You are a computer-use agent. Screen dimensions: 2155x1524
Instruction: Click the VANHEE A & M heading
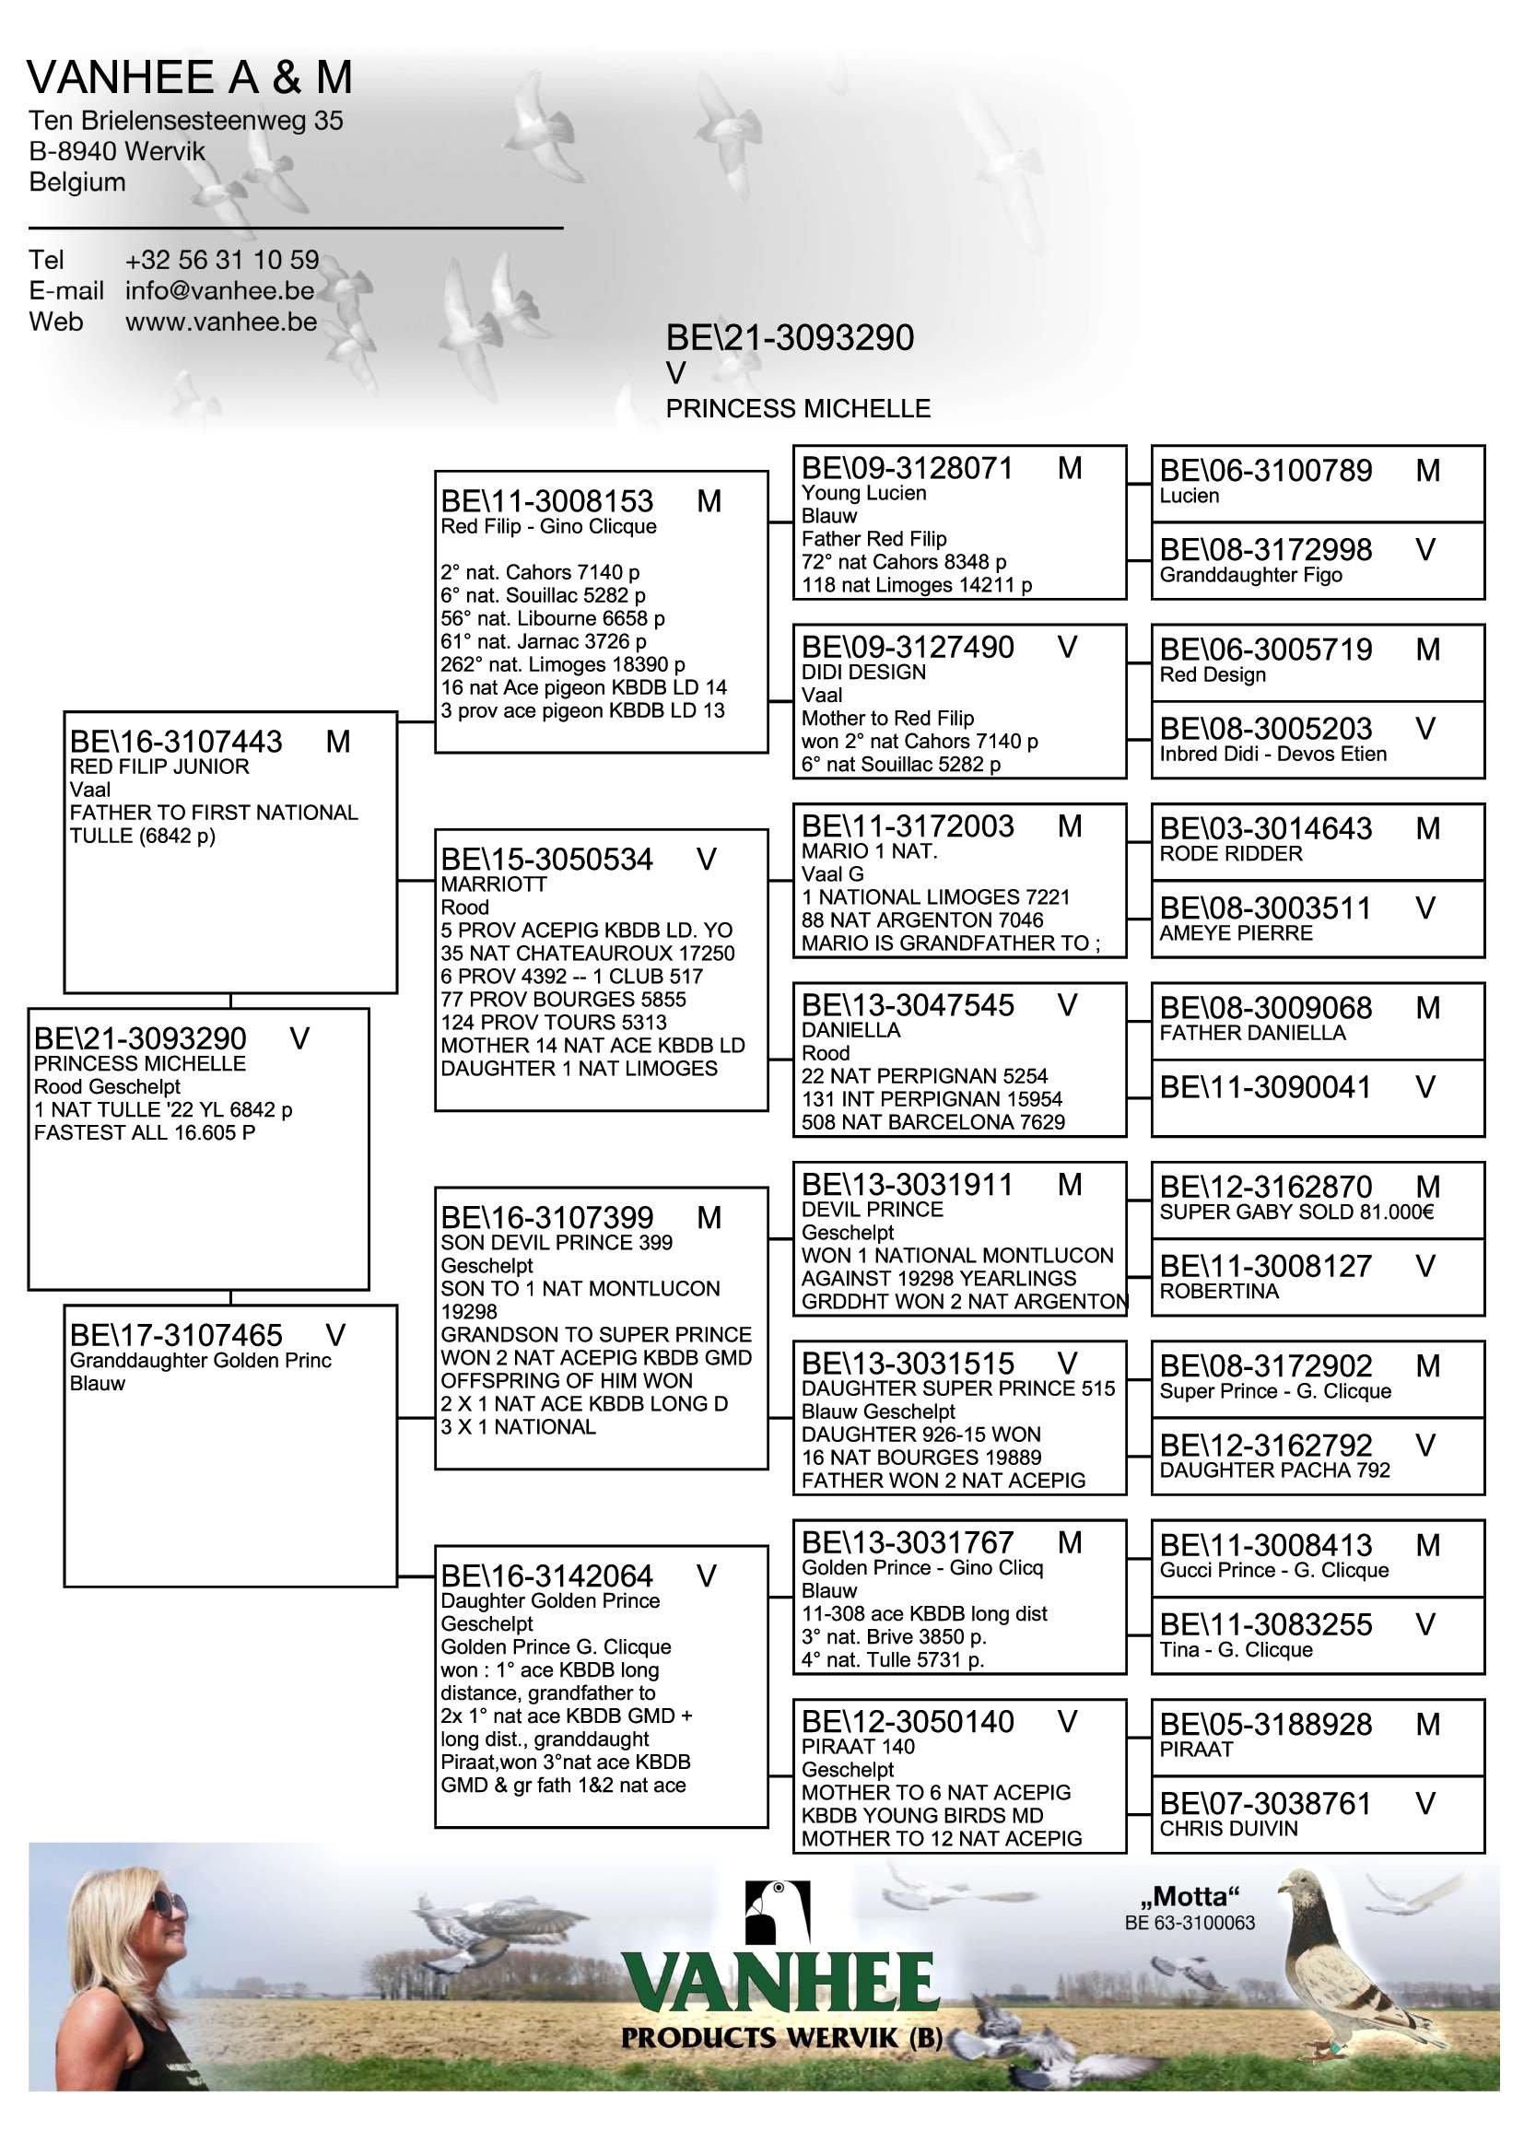(190, 78)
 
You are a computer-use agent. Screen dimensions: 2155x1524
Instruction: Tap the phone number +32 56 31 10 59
(221, 260)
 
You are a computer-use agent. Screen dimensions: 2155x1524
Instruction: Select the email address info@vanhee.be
(219, 291)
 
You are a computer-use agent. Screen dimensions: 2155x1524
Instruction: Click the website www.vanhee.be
(220, 322)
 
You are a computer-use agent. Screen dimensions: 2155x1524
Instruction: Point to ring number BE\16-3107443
(175, 743)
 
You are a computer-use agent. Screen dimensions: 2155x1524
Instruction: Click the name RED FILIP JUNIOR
(158, 767)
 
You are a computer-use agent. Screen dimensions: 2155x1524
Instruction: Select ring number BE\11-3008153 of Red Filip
(547, 502)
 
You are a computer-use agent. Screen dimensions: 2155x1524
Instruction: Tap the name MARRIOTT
(494, 884)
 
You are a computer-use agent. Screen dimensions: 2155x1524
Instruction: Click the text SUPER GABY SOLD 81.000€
(1296, 1212)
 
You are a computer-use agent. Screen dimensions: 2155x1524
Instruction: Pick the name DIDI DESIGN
(862, 672)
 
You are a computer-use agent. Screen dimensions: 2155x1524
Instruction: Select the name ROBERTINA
(1218, 1291)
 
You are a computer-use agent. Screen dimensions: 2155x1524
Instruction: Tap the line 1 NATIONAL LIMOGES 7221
(934, 897)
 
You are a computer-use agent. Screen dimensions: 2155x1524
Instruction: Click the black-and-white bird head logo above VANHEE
(776, 1913)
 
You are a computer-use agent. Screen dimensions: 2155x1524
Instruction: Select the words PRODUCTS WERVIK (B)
(780, 2038)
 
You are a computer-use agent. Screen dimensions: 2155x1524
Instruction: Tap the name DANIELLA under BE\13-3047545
(850, 1030)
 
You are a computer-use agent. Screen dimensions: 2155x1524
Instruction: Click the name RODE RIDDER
(1230, 853)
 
